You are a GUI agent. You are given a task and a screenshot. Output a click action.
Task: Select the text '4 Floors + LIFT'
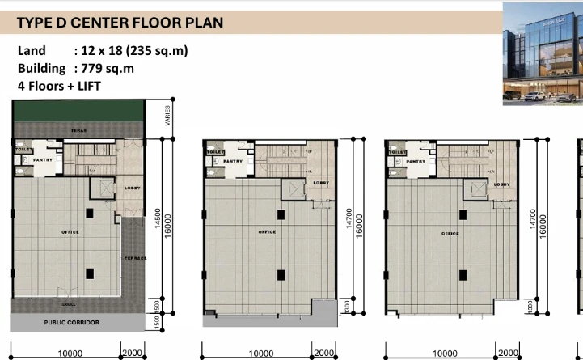pyautogui.click(x=60, y=85)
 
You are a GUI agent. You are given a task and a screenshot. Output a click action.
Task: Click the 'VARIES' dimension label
pyautogui.click(x=167, y=116)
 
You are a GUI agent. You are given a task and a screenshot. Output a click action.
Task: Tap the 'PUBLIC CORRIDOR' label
pyautogui.click(x=72, y=322)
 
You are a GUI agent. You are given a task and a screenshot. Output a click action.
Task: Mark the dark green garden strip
pyautogui.click(x=78, y=116)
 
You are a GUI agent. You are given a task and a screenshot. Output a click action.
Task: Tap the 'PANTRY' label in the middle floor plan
pyautogui.click(x=233, y=161)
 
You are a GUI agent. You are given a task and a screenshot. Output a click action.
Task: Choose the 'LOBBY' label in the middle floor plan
pyautogui.click(x=320, y=184)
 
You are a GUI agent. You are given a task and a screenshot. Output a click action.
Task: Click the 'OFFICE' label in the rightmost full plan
pyautogui.click(x=450, y=233)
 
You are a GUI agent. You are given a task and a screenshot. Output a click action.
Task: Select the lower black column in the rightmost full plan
pyautogui.click(x=464, y=274)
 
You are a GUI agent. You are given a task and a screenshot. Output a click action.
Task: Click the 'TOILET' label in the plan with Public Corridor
pyautogui.click(x=22, y=150)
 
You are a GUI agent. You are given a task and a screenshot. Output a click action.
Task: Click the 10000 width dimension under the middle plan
pyautogui.click(x=260, y=354)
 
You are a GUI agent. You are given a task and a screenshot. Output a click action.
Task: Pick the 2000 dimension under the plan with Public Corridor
pyautogui.click(x=133, y=354)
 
